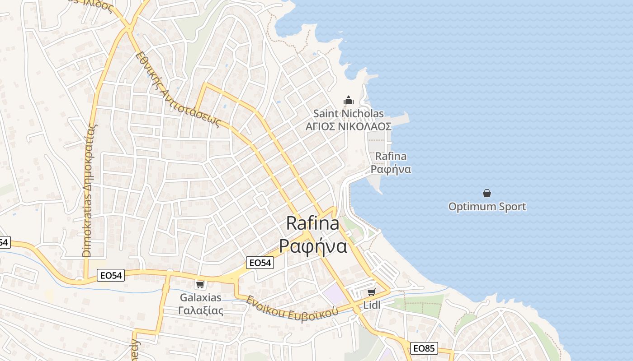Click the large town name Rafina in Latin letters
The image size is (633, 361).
312,223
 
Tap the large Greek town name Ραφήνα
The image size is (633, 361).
312,246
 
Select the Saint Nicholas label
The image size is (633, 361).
348,114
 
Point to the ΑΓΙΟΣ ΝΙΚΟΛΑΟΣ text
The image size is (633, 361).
348,127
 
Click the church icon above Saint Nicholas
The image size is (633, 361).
348,99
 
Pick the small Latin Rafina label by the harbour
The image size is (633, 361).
391,157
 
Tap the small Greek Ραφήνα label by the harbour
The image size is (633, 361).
391,169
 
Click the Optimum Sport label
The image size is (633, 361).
487,207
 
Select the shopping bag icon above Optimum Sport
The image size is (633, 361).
487,193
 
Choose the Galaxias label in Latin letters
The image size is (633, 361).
201,297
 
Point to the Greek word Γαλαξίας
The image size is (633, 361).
201,310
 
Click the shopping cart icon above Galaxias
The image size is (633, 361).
200,284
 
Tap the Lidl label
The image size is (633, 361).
372,305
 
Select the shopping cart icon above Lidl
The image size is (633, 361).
372,292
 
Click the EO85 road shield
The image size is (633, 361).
424,348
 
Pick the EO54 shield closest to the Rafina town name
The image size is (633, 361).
260,262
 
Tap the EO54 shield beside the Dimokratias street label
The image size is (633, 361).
111,275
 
